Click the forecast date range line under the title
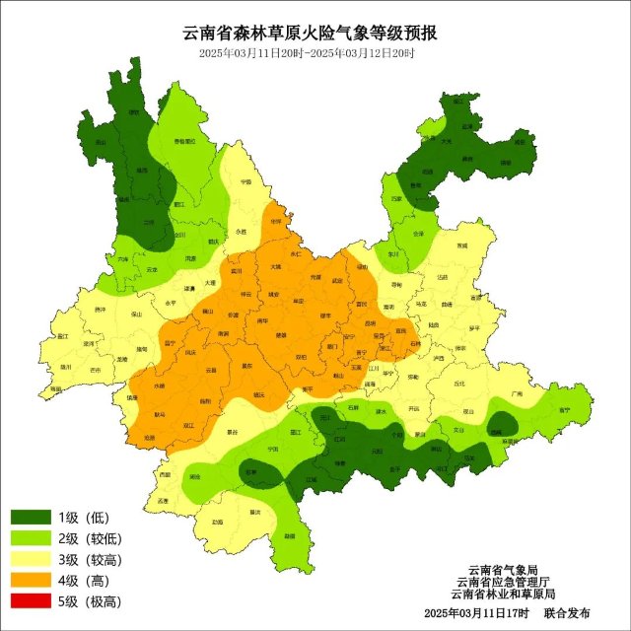[307, 53]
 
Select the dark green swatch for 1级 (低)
[32, 518]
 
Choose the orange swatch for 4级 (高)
[32, 580]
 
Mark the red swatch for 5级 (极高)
[32, 600]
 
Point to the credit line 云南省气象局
[503, 570]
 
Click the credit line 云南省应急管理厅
[503, 582]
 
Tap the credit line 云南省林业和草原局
[503, 594]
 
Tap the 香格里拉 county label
[184, 143]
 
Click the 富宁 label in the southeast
[564, 407]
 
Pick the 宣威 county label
[462, 245]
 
